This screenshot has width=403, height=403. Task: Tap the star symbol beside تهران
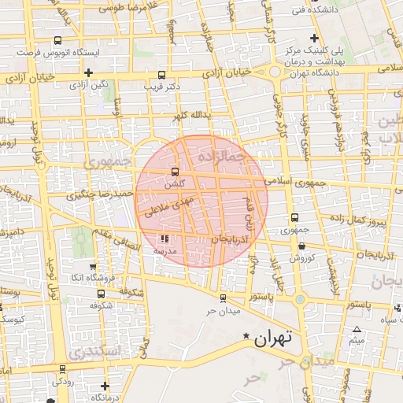click(x=246, y=337)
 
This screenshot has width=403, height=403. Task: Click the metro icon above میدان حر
click(x=223, y=298)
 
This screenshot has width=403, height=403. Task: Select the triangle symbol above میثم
click(x=357, y=330)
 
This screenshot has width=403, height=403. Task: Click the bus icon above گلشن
click(x=175, y=172)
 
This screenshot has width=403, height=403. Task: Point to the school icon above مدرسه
click(x=165, y=238)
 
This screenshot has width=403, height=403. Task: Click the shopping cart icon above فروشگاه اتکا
click(x=94, y=267)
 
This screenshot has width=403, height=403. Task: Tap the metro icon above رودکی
click(x=62, y=369)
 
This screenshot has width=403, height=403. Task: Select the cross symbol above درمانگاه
click(x=105, y=386)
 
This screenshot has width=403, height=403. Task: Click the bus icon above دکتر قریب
click(x=162, y=75)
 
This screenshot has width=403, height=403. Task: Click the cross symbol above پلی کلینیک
click(x=315, y=38)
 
